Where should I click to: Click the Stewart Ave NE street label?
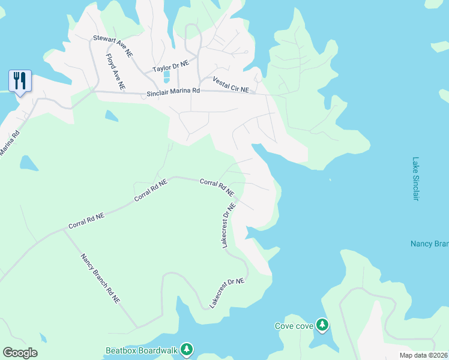coord(112,46)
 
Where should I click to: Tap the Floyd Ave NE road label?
coord(115,72)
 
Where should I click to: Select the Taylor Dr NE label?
coord(170,65)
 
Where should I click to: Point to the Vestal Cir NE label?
coord(231,85)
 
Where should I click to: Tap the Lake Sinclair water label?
coord(415,179)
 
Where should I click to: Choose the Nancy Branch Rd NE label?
coord(100,278)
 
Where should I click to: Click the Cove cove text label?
coord(294,326)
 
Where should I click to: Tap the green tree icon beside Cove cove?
coord(322,325)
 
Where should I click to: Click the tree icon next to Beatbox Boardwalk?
coord(187,349)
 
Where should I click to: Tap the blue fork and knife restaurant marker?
coord(20,80)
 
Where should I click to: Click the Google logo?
coord(20,352)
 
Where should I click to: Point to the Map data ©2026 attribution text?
coord(423,355)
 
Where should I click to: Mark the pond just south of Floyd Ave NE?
coord(112,115)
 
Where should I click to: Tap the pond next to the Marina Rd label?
coord(28,163)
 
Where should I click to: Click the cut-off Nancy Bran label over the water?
coord(429,244)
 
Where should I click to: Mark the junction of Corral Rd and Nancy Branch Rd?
coord(64,229)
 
